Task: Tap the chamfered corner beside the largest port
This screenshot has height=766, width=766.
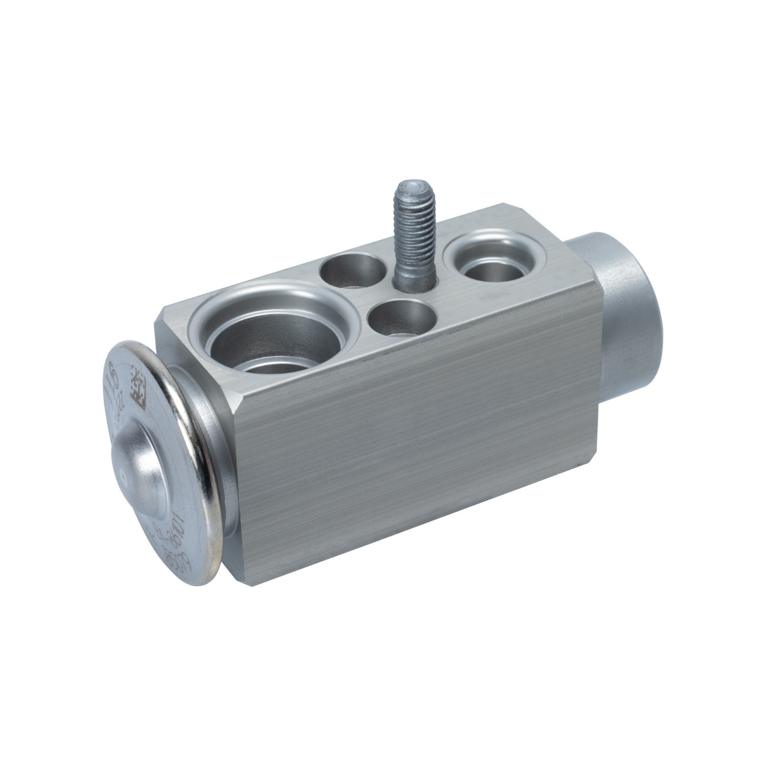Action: click(163, 319)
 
